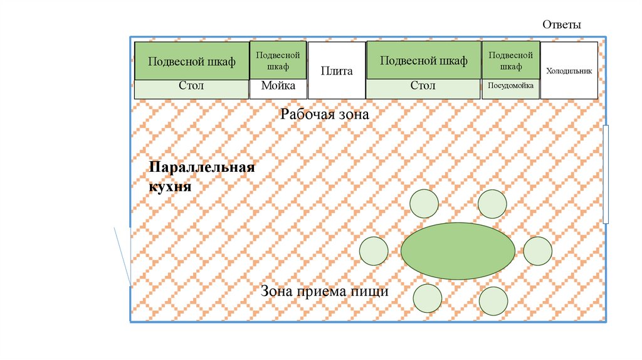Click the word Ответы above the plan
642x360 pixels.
click(562, 25)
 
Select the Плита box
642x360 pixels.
click(337, 70)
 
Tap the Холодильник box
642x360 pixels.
click(569, 71)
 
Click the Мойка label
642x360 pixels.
click(278, 86)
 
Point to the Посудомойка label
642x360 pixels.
click(510, 86)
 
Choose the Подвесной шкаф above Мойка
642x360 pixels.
click(278, 60)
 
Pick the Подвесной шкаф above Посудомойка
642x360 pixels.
click(510, 60)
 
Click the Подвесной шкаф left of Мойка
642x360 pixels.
click(192, 61)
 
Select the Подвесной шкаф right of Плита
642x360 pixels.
click(423, 61)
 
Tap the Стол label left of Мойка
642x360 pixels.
click(192, 86)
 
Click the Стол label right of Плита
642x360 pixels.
click(423, 86)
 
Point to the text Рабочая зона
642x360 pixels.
click(325, 115)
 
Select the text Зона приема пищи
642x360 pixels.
click(325, 292)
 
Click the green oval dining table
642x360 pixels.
click(458, 251)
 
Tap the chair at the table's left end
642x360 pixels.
click(374, 251)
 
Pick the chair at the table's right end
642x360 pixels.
click(537, 251)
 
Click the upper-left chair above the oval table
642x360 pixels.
click(424, 203)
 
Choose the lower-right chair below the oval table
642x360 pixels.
click(493, 301)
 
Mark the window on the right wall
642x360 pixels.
click(606, 174)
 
